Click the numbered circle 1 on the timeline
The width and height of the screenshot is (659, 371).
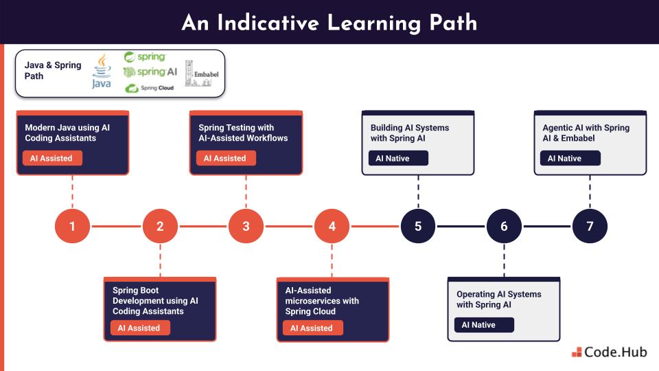(72, 226)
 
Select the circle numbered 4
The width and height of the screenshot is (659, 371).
(332, 226)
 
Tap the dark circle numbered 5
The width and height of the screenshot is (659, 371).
(418, 226)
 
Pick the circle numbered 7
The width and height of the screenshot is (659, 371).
(590, 226)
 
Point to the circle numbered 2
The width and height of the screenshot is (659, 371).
(160, 226)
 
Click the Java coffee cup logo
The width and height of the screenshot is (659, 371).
(102, 72)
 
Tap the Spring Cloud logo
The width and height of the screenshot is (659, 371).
(149, 88)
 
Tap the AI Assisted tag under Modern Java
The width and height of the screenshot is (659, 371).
(51, 158)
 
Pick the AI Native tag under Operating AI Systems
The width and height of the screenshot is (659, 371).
(483, 324)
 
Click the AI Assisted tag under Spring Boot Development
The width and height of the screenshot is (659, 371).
(139, 328)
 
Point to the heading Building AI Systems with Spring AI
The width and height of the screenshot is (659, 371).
(410, 133)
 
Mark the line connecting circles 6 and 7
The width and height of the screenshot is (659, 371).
(547, 226)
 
